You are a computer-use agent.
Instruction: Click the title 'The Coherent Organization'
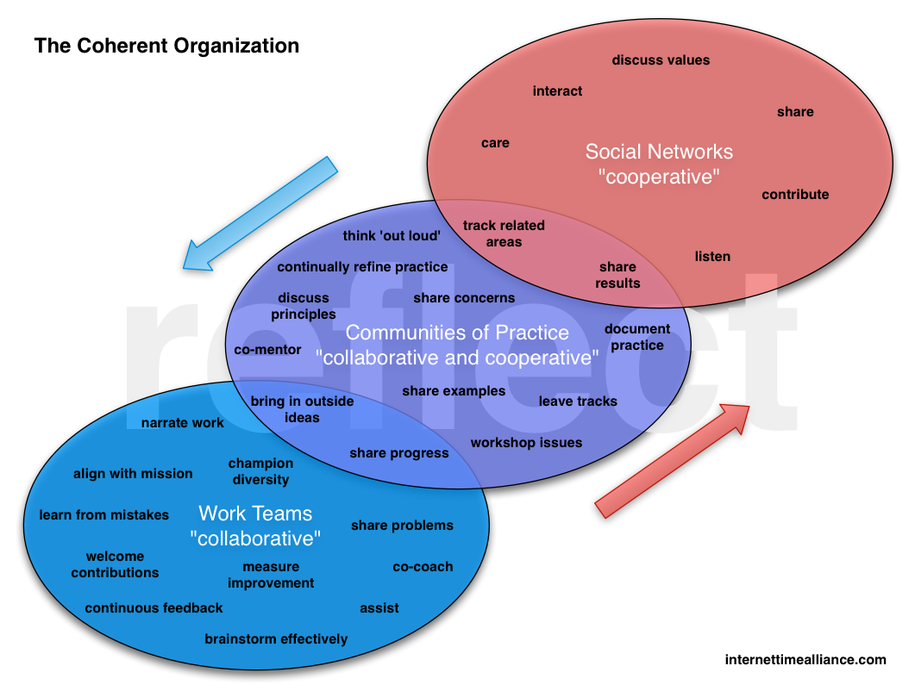166,46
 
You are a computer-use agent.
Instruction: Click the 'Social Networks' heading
659,152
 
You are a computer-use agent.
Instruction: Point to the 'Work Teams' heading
255,513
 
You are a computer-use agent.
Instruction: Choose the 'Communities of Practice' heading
457,333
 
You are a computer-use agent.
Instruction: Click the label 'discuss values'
661,60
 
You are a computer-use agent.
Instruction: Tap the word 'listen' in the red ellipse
712,257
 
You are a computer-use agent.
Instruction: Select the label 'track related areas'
504,233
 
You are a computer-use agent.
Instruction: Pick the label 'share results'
617,275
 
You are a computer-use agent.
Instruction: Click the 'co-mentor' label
267,350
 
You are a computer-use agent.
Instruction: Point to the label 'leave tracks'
578,401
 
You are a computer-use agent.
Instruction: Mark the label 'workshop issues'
526,443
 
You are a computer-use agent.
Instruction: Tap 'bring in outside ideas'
302,409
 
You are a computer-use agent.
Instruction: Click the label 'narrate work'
183,423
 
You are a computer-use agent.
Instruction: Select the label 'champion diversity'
260,471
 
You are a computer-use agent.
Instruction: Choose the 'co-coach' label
423,567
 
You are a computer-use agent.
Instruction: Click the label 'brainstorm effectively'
276,639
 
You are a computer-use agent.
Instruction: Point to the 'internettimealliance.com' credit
805,660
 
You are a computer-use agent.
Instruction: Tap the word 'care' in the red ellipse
495,143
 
